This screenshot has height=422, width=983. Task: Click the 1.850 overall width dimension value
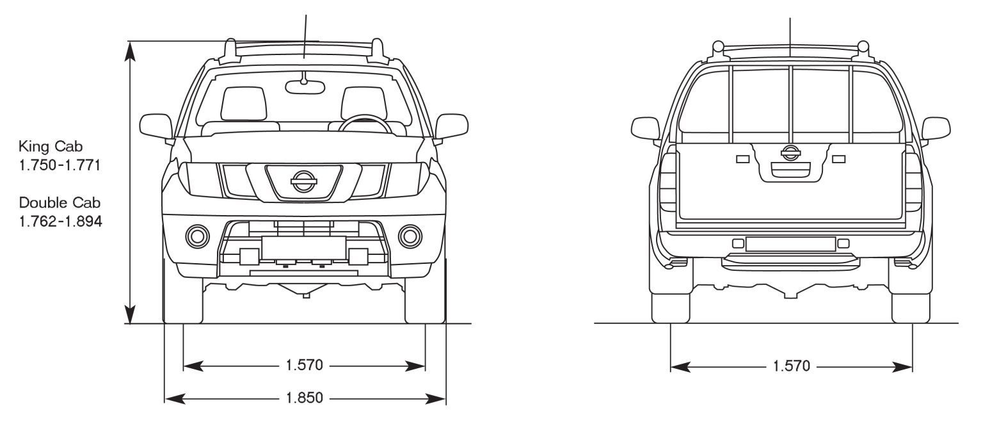(x=304, y=398)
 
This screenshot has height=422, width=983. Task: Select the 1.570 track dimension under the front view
(x=304, y=365)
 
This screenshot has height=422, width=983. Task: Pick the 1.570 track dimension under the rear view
(x=791, y=366)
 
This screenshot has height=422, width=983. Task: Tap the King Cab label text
(x=51, y=146)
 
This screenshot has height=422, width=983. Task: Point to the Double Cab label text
(x=60, y=202)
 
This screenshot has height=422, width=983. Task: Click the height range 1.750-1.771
(x=60, y=165)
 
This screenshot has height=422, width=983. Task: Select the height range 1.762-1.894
(x=61, y=222)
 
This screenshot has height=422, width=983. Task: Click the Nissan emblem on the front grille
(x=304, y=181)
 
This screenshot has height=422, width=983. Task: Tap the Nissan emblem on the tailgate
(x=790, y=153)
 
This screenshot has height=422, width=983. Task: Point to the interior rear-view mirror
(x=305, y=87)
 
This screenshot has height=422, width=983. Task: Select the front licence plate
(x=304, y=248)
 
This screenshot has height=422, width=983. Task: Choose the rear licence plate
(x=790, y=244)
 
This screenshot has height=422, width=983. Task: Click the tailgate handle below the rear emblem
(x=790, y=170)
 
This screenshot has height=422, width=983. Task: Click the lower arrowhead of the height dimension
(x=130, y=314)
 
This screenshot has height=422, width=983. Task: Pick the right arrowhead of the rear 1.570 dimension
(x=902, y=366)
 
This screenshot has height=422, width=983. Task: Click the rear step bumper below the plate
(x=790, y=262)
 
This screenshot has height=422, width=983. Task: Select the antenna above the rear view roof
(x=790, y=37)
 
